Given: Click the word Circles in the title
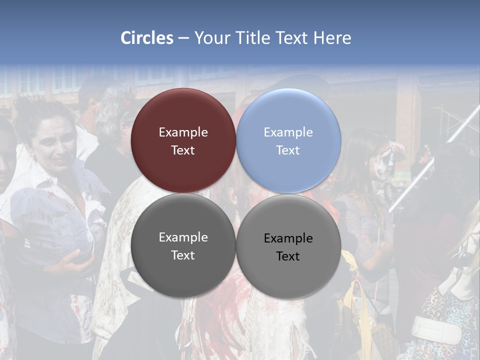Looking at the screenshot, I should pos(147,38).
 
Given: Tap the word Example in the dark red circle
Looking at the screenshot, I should pos(183,132).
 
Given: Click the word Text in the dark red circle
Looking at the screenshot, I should pos(183,150).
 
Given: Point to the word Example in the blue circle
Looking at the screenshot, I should pos(288,132).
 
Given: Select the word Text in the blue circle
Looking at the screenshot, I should pos(288,150).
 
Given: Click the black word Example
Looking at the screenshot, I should pos(288,238).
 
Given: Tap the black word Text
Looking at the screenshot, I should pos(288,256).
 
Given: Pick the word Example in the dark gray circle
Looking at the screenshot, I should pos(183,237).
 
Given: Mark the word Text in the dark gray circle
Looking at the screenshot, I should pos(183,255).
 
